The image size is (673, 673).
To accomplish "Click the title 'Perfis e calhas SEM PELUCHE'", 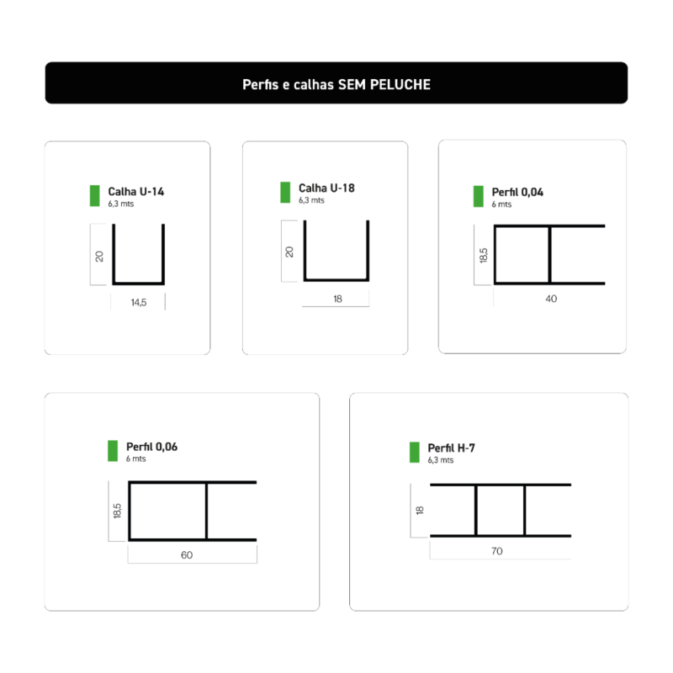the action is pyautogui.click(x=336, y=85).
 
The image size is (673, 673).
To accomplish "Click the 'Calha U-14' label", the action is pyautogui.click(x=135, y=192).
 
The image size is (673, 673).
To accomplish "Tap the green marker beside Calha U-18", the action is pyautogui.click(x=285, y=193).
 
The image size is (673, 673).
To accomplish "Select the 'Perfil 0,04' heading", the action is pyautogui.click(x=517, y=192).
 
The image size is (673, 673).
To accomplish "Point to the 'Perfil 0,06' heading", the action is pyautogui.click(x=151, y=447).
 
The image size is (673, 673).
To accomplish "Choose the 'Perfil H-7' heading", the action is pyautogui.click(x=451, y=448).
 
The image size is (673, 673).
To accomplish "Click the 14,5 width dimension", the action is pyautogui.click(x=139, y=303).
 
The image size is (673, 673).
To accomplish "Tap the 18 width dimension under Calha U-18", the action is pyautogui.click(x=338, y=299).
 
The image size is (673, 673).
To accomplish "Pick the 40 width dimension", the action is pyautogui.click(x=551, y=299).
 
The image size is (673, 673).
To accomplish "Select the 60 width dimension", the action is pyautogui.click(x=187, y=555).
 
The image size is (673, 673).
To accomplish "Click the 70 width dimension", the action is pyautogui.click(x=497, y=551).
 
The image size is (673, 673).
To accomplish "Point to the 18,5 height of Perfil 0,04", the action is pyautogui.click(x=483, y=256).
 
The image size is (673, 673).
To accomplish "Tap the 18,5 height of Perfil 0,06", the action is pyautogui.click(x=117, y=511).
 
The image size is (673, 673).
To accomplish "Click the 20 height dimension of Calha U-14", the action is pyautogui.click(x=99, y=257).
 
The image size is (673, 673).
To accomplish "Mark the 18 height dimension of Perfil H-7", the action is pyautogui.click(x=420, y=511).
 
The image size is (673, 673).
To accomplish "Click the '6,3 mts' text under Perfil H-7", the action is pyautogui.click(x=440, y=460).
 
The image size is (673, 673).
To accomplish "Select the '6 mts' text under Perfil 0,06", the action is pyautogui.click(x=135, y=458).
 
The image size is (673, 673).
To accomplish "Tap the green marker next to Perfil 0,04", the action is pyautogui.click(x=478, y=197).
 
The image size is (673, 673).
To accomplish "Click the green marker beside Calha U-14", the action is pyautogui.click(x=95, y=196).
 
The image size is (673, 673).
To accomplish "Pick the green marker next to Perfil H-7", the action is pyautogui.click(x=415, y=453).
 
